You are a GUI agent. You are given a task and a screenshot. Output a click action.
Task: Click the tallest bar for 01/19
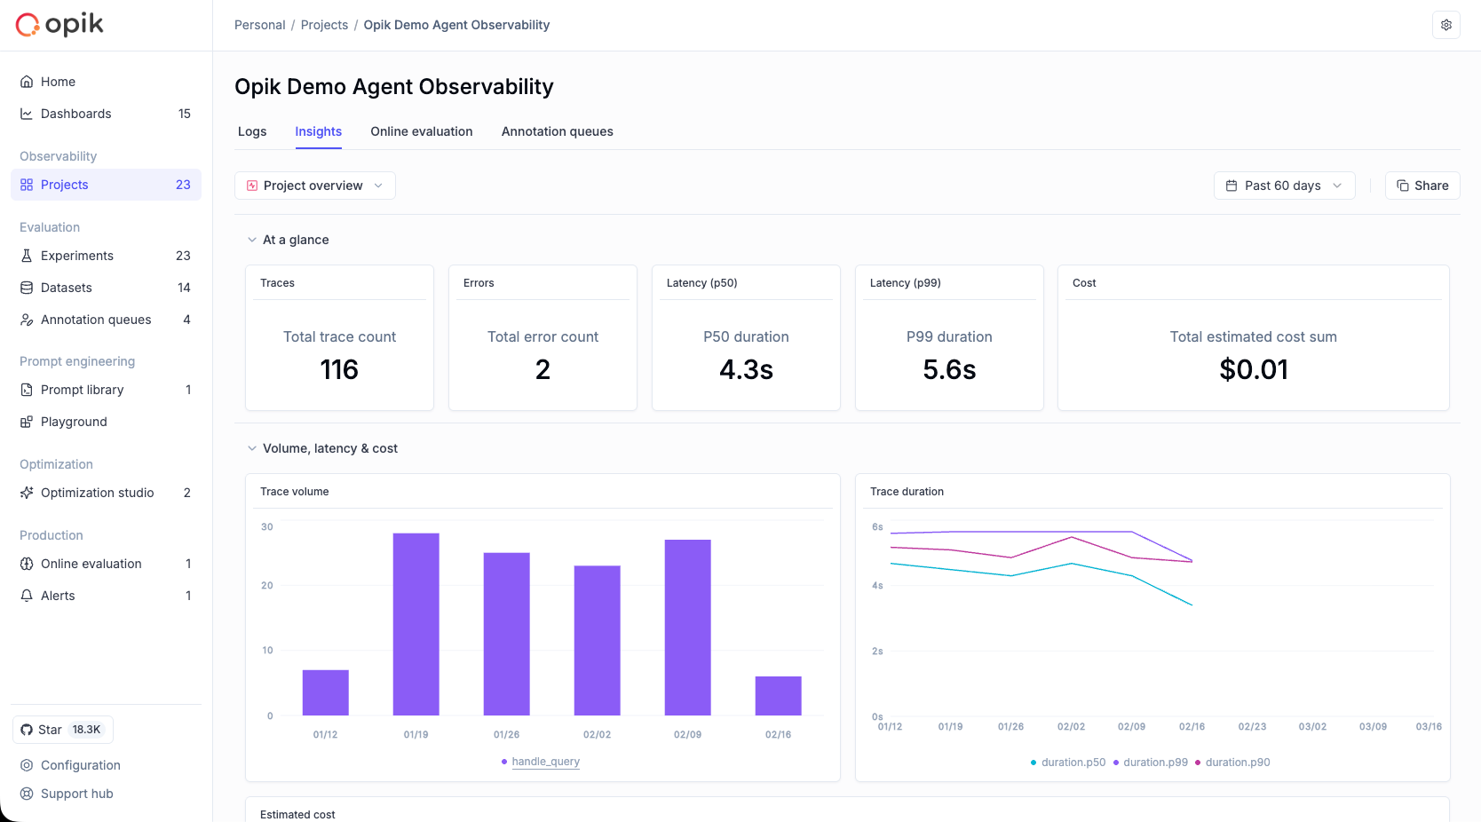click(416, 624)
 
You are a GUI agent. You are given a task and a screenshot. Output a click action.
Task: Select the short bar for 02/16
click(778, 696)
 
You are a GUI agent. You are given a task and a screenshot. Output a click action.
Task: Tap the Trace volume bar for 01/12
click(325, 692)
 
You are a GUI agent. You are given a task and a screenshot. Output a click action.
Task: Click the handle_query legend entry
click(544, 762)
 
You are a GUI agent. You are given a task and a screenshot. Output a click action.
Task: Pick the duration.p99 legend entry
click(1154, 763)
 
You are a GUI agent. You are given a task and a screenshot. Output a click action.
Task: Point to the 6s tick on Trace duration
click(877, 527)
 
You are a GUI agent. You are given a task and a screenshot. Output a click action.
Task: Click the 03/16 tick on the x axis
click(1428, 727)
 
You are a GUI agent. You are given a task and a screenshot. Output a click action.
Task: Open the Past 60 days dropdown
click(1284, 186)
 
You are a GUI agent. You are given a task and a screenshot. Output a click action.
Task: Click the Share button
click(1422, 186)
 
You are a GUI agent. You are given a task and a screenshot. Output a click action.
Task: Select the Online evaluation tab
click(421, 131)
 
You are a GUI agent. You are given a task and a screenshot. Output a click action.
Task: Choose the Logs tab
click(252, 131)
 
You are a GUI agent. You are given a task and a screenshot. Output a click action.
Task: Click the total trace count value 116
click(339, 369)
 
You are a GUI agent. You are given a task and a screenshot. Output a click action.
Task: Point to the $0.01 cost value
click(1253, 369)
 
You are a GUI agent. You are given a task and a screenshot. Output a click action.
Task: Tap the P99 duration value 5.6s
click(949, 369)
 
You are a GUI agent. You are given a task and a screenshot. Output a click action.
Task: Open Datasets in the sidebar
click(67, 288)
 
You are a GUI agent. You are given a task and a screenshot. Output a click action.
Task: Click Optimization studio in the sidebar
click(97, 493)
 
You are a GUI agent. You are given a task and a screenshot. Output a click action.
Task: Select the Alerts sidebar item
click(58, 596)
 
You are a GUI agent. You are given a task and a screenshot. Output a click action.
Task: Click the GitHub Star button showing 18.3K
click(63, 730)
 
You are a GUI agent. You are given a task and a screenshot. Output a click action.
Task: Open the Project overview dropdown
click(315, 186)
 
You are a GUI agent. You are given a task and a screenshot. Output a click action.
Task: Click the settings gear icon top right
click(1445, 25)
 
